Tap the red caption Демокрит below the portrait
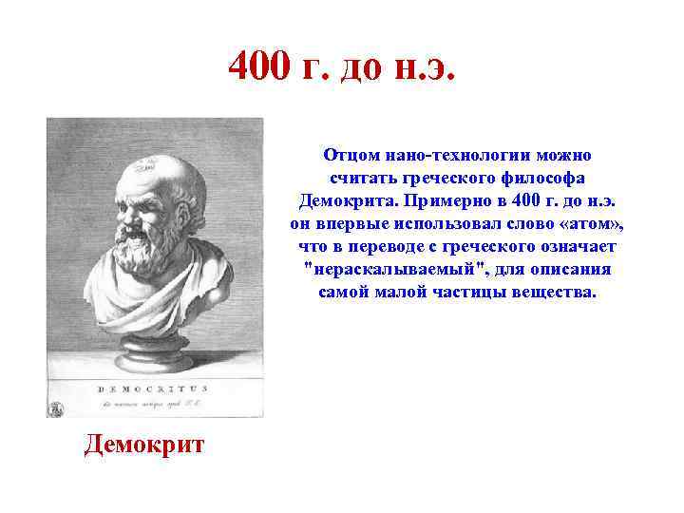[143, 445]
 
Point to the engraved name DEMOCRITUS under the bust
[152, 389]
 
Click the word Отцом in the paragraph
[351, 155]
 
